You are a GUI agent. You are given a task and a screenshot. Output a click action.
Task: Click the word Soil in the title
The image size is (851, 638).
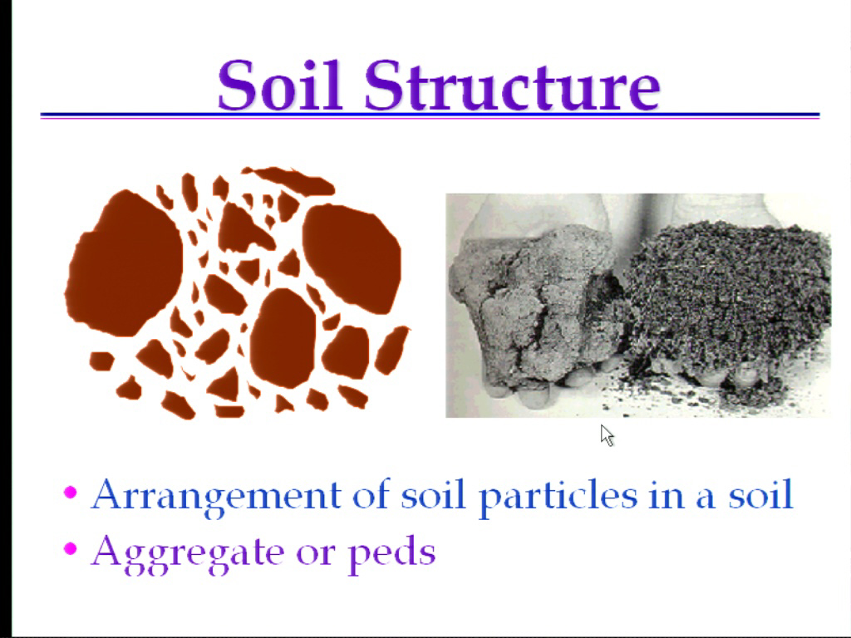(x=280, y=85)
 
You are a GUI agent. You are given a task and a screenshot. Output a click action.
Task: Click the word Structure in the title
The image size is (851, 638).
(x=512, y=85)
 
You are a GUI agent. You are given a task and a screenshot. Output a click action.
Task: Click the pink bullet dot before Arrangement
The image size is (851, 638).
(x=71, y=492)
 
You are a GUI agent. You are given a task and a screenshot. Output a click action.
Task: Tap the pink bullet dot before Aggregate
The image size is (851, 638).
(x=71, y=548)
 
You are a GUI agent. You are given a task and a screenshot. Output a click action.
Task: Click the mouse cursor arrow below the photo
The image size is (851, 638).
(x=607, y=435)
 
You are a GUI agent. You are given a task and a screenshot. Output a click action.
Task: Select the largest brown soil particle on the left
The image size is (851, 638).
(x=124, y=264)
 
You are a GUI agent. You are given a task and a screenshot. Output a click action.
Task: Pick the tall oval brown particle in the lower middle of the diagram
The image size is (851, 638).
(x=283, y=337)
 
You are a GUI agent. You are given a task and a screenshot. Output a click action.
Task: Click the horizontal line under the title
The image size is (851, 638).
(x=430, y=115)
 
